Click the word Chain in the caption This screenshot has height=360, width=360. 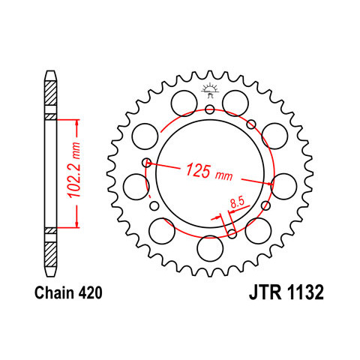pyautogui.click(x=55, y=292)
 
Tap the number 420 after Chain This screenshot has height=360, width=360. pyautogui.click(x=90, y=292)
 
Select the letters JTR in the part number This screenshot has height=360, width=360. pyautogui.click(x=265, y=292)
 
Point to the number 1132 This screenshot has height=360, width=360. pyautogui.click(x=304, y=292)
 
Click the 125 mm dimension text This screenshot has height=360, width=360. pyautogui.click(x=208, y=172)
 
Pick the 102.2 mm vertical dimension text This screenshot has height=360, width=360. pyautogui.click(x=74, y=170)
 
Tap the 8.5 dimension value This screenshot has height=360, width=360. pyautogui.click(x=237, y=203)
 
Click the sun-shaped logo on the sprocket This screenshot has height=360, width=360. pyautogui.click(x=210, y=90)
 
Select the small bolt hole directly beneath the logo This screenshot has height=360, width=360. pyautogui.click(x=210, y=109)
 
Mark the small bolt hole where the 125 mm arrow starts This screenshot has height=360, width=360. pyautogui.click(x=147, y=163)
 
